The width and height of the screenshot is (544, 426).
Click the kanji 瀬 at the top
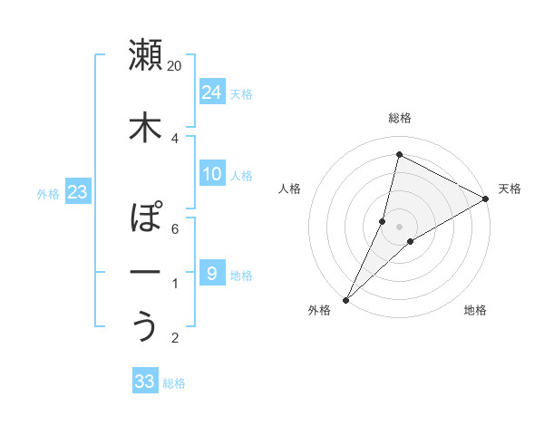[x=145, y=55]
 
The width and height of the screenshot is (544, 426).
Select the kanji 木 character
[x=145, y=128]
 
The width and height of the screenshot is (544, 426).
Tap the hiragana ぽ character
[x=145, y=218]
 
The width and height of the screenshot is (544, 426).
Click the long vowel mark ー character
[x=145, y=273]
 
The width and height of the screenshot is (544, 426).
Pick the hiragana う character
[x=145, y=327]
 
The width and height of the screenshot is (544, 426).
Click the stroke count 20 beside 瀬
[x=175, y=66]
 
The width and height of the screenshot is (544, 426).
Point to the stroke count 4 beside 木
[x=175, y=139]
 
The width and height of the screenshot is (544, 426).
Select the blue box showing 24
[x=211, y=92]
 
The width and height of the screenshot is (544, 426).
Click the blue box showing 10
[x=211, y=174]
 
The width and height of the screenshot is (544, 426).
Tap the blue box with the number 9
[x=211, y=274]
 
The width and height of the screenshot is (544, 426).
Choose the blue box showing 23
[x=77, y=192]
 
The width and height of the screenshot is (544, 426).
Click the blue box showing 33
[x=144, y=382]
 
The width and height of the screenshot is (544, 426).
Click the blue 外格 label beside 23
[x=47, y=193]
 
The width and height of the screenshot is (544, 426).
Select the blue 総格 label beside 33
[x=174, y=383]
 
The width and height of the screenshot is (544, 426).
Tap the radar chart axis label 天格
[x=510, y=189]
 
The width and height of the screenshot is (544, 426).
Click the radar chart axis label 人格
[x=289, y=189]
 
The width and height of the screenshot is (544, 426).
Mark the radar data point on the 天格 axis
[x=486, y=198]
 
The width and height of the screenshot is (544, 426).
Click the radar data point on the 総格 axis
[x=399, y=154]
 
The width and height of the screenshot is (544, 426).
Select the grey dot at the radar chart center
[x=399, y=227]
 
